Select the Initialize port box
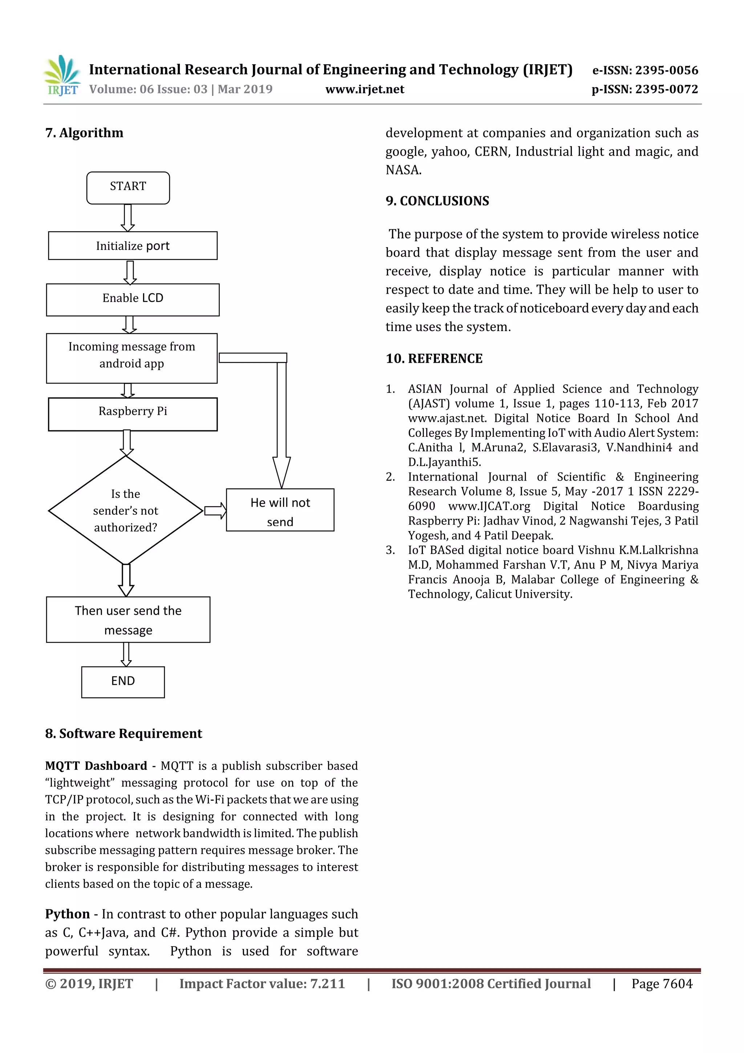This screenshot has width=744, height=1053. coord(133,246)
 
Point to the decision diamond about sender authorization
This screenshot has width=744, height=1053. coord(126,510)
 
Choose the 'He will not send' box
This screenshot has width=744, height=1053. coord(280,510)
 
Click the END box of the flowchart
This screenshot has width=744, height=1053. coord(123,682)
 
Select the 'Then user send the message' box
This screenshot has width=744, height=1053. coord(128,620)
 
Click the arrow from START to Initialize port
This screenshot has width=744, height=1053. coord(128,217)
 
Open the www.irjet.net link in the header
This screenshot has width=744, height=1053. coord(364,89)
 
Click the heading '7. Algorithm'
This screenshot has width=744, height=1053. coord(84,133)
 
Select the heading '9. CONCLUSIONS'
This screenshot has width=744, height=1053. coord(437,201)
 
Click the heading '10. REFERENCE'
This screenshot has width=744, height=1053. coord(434,359)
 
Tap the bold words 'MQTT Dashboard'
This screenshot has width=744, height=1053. coord(96,766)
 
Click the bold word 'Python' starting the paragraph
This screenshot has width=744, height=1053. coord(67,914)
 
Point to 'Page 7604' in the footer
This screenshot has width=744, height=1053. coord(662,984)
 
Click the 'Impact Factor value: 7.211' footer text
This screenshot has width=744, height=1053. coord(262,984)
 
